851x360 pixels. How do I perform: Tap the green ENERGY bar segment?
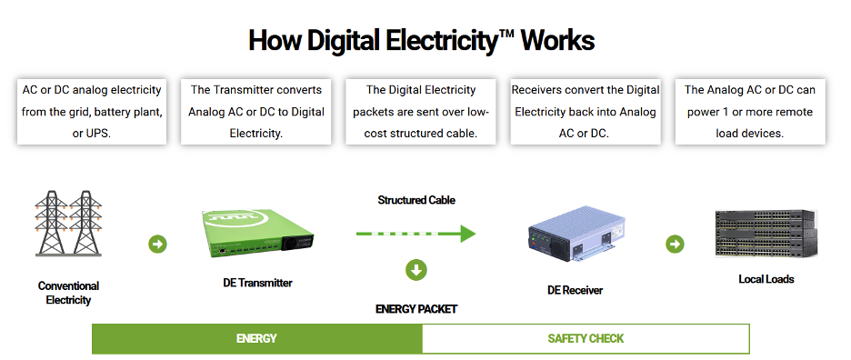[256, 338]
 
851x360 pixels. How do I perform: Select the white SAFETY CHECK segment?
[586, 338]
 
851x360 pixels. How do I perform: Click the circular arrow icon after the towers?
[157, 244]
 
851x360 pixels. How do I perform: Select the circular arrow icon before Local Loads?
[675, 244]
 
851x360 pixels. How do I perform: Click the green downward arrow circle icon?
[416, 270]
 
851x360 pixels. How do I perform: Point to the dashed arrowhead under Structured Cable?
[466, 234]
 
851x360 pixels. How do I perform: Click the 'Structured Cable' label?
[416, 200]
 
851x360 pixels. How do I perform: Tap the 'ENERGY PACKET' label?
[416, 309]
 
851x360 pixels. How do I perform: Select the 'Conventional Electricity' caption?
[68, 293]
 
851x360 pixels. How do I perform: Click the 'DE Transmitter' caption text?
[258, 283]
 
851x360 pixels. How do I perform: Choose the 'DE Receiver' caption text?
[575, 290]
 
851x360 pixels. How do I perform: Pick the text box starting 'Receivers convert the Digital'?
[586, 111]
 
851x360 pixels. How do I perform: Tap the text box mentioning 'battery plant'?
[92, 111]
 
